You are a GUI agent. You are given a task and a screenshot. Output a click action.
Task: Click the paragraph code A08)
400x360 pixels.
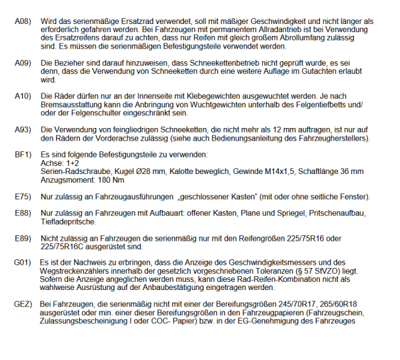click(23, 22)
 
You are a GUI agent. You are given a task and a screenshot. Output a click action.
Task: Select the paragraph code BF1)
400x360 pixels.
click(23, 154)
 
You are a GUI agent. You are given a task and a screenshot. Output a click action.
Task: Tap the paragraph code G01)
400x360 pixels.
click(23, 263)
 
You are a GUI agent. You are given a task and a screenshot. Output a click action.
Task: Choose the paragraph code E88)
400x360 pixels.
click(23, 213)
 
